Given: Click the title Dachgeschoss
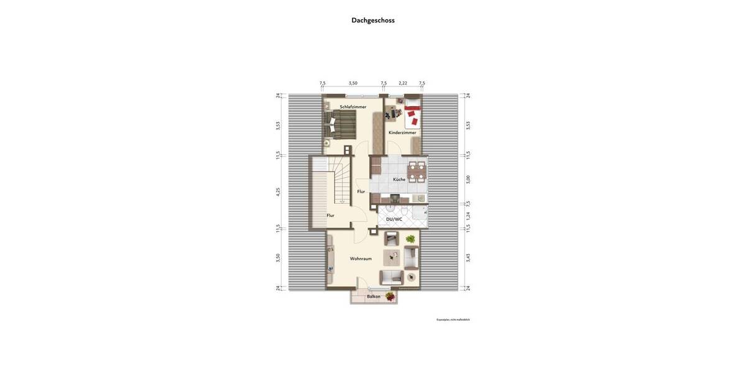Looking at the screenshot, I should pyautogui.click(x=373, y=20).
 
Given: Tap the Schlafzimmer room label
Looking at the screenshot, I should pyautogui.click(x=352, y=107).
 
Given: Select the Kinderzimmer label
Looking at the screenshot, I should pyautogui.click(x=402, y=132).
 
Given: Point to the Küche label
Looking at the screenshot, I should pyautogui.click(x=399, y=180).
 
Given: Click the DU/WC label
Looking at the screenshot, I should pyautogui.click(x=394, y=219).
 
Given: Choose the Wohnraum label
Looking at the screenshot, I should pyautogui.click(x=361, y=259).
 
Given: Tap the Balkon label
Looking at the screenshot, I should pyautogui.click(x=374, y=297).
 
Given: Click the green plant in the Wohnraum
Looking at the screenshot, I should pyautogui.click(x=410, y=239).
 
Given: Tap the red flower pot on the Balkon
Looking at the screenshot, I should pyautogui.click(x=390, y=297).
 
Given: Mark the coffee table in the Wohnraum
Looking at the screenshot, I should pyautogui.click(x=392, y=256).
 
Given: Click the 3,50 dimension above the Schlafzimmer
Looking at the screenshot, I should pyautogui.click(x=352, y=83).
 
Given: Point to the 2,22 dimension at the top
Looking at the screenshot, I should pyautogui.click(x=403, y=83).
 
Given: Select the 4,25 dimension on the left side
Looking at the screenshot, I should pyautogui.click(x=279, y=191).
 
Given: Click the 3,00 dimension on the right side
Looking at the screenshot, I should pyautogui.click(x=468, y=179).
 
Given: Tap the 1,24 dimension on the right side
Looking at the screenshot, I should pyautogui.click(x=468, y=215).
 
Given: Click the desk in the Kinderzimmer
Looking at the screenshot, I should pyautogui.click(x=392, y=113).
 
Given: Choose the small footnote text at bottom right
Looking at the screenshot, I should pyautogui.click(x=453, y=320).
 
